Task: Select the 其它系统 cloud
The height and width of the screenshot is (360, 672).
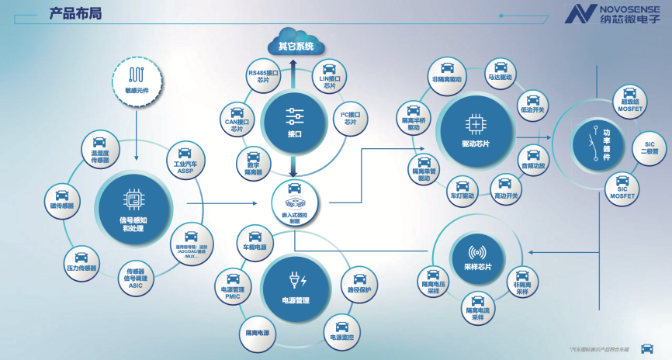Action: [x=295, y=45]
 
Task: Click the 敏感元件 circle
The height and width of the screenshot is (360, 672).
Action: [x=137, y=79]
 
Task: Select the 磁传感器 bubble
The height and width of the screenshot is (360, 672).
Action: [x=61, y=199]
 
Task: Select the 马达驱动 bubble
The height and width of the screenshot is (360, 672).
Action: [x=500, y=71]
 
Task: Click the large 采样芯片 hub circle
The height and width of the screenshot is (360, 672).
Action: [x=478, y=255]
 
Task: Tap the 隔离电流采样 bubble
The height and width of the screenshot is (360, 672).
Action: [x=478, y=308]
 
